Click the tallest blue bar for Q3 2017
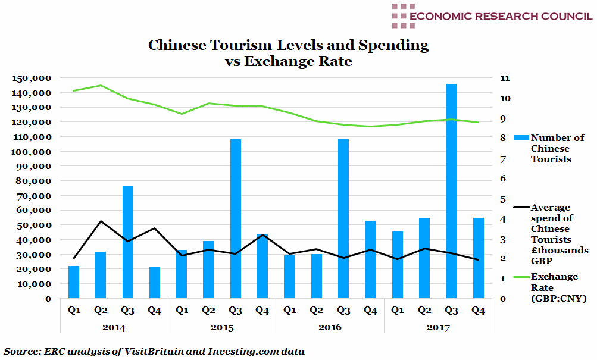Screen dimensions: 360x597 tap(451, 190)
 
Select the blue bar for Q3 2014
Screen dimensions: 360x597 tap(127, 242)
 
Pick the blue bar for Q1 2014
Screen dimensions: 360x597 tap(74, 282)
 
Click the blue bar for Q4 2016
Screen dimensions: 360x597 tap(370, 259)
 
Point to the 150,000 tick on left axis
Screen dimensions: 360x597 tap(35, 79)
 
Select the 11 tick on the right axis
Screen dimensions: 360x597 tap(503, 79)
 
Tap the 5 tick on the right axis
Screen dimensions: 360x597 tap(503, 199)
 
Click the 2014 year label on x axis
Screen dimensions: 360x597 tap(114, 328)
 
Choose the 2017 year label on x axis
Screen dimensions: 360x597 tap(438, 328)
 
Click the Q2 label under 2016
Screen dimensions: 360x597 tap(317, 310)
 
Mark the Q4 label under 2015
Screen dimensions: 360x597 tap(262, 310)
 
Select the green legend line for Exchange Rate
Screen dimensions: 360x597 tap(518, 277)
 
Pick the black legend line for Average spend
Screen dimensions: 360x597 tap(518, 208)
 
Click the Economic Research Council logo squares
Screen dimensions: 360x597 tap(403, 16)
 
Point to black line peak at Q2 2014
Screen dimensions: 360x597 tap(101, 221)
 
